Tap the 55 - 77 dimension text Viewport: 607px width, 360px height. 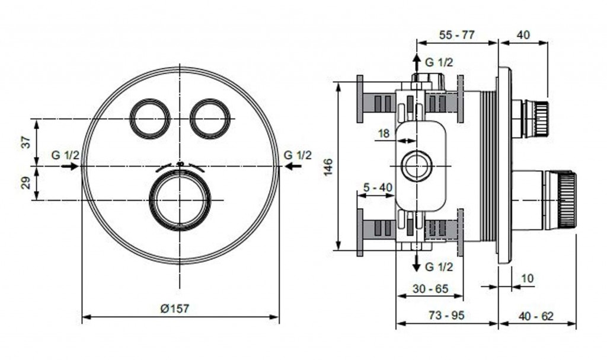[x=456, y=34]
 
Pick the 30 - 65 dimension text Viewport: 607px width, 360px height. [x=430, y=289]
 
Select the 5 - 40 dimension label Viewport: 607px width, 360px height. [x=378, y=187]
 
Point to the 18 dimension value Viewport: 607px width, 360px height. [x=384, y=133]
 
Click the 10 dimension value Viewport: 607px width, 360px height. [x=527, y=278]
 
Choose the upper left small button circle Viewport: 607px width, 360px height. [x=150, y=119]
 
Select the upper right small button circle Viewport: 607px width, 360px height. [x=209, y=119]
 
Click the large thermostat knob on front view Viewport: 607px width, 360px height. [x=180, y=200]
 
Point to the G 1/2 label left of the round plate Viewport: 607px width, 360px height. [x=65, y=155]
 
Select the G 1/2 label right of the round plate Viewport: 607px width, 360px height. [x=296, y=155]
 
